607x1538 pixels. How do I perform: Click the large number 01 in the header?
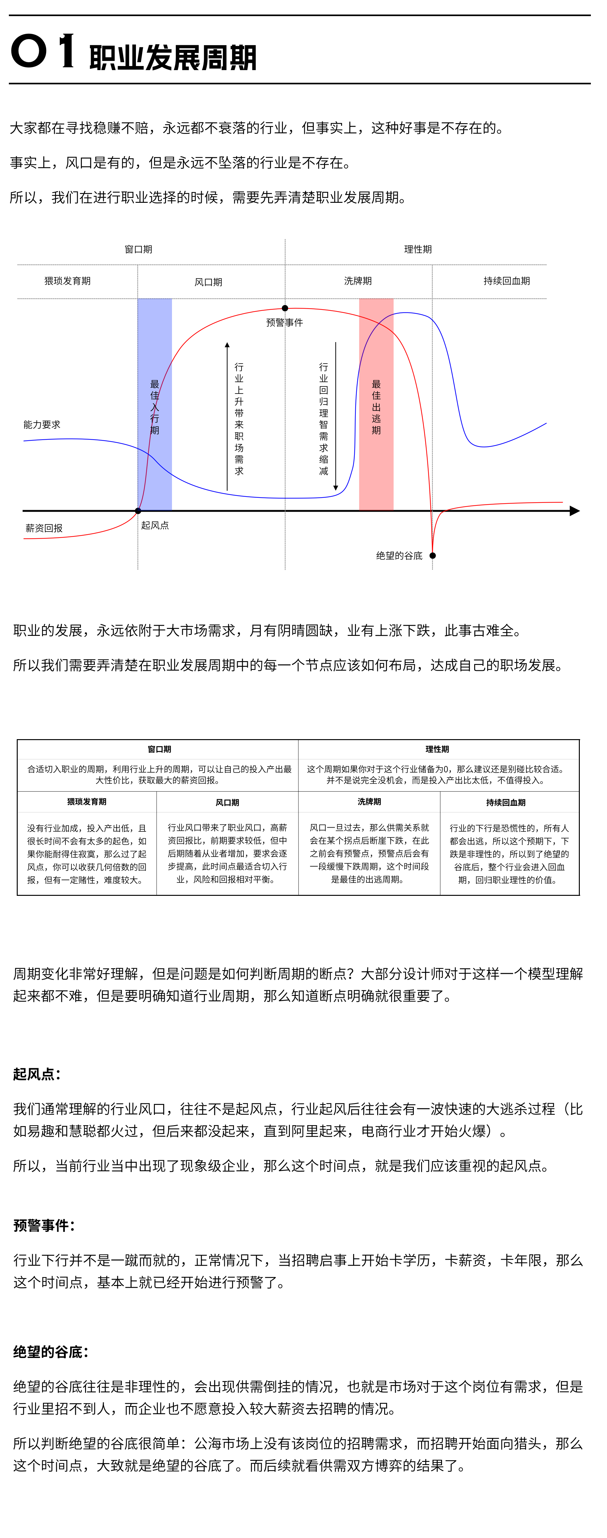(x=43, y=51)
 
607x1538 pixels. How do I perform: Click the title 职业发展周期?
(x=173, y=58)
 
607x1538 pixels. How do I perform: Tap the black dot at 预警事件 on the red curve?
(x=285, y=308)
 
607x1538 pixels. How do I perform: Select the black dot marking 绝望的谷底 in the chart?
(x=432, y=555)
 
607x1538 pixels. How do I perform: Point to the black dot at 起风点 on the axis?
(x=138, y=510)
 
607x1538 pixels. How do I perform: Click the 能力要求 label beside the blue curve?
(x=42, y=425)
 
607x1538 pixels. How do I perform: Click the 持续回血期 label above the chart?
(x=507, y=280)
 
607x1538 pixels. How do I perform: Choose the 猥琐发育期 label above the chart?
(x=68, y=280)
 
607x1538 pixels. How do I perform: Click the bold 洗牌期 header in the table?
(x=369, y=802)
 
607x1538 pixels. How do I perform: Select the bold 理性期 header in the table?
(x=437, y=749)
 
